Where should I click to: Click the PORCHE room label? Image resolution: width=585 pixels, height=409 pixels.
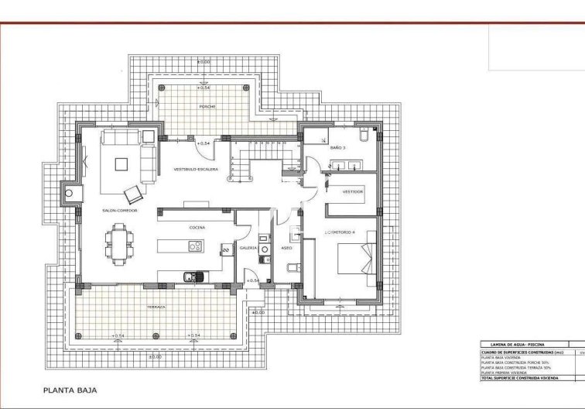[207, 105]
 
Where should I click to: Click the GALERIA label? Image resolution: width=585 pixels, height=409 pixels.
[248, 248]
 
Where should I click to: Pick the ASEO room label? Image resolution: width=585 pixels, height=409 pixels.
[286, 248]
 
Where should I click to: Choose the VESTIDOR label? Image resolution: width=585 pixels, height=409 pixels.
[353, 191]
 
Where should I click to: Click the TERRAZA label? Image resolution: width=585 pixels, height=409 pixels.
[156, 307]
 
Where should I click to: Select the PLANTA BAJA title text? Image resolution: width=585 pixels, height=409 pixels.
[70, 390]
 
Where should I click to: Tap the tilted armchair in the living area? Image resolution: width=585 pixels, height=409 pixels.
[133, 191]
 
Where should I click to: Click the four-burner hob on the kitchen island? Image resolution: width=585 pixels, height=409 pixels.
[195, 246]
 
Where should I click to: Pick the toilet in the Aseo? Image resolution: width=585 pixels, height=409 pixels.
[289, 267]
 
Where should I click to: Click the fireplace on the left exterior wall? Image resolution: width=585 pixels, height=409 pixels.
[70, 193]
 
